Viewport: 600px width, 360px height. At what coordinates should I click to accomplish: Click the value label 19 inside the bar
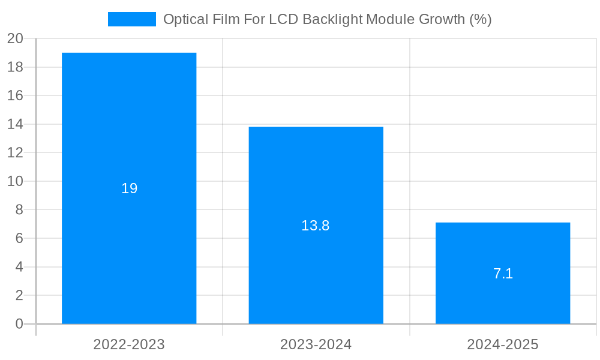(130, 188)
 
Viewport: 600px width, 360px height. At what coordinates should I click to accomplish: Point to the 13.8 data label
(316, 226)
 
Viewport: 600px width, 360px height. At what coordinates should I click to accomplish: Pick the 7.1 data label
(503, 274)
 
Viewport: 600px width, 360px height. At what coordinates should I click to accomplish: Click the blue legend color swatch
(131, 19)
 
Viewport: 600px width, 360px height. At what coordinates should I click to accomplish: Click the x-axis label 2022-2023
(129, 344)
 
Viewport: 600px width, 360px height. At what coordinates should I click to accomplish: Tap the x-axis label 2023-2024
(316, 344)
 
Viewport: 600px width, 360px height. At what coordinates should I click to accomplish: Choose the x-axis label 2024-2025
(503, 344)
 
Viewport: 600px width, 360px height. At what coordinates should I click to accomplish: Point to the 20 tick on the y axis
(15, 39)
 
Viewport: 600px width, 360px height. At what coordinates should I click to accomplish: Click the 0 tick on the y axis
(19, 324)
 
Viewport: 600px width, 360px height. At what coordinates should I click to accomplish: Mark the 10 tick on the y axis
(15, 181)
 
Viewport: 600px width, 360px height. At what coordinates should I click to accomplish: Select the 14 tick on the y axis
(15, 124)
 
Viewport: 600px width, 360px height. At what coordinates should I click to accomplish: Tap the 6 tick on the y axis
(19, 238)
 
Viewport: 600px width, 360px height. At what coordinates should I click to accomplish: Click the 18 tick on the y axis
(15, 67)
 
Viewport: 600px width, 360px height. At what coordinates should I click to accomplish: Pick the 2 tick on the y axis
(19, 295)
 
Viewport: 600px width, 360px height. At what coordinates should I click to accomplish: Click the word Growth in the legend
(442, 19)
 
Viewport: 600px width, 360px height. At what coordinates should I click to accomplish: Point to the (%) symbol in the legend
(481, 19)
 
